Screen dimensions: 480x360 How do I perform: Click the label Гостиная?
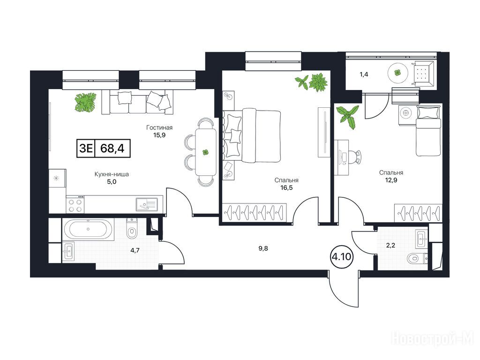click(x=159, y=127)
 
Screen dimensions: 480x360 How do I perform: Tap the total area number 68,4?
click(x=112, y=149)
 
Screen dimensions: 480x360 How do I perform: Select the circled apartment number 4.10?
click(x=341, y=256)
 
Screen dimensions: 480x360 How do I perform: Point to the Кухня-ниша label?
click(x=112, y=174)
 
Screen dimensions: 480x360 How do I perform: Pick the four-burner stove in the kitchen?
click(x=75, y=205)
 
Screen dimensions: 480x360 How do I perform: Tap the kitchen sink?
click(x=147, y=204)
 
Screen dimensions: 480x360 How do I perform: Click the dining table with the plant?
click(x=205, y=152)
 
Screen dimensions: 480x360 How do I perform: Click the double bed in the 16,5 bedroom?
click(x=252, y=136)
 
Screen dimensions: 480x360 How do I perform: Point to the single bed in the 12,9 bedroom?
click(x=428, y=130)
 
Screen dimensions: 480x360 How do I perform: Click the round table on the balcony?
click(x=397, y=73)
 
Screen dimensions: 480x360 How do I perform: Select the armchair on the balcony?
click(x=423, y=73)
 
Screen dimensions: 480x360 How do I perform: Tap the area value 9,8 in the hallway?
click(x=263, y=248)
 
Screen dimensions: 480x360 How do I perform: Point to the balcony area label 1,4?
click(x=364, y=75)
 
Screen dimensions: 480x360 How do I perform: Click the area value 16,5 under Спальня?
click(x=286, y=187)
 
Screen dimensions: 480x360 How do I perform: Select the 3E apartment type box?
click(x=86, y=149)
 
